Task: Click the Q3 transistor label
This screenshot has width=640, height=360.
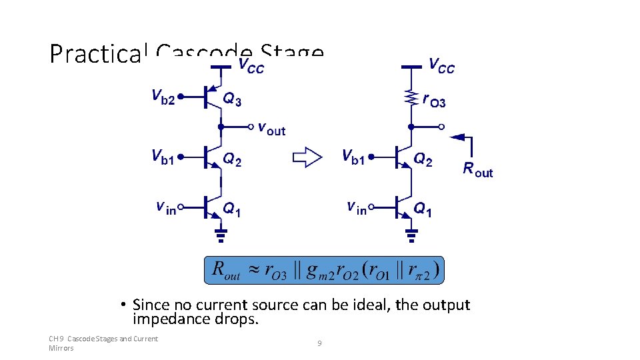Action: point(232,100)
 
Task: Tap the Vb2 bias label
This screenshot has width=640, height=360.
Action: point(163,98)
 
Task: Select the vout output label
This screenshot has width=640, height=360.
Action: point(271,128)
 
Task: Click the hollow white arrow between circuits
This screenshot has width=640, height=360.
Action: point(307,158)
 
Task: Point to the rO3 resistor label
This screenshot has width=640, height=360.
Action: point(434,100)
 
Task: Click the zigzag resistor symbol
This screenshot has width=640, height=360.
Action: point(411,99)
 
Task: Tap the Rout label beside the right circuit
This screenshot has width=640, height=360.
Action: point(477,169)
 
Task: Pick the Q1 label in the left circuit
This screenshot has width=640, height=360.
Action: point(231,209)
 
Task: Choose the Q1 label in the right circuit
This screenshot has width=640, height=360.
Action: point(423,209)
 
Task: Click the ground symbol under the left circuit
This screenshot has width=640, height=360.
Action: point(221,233)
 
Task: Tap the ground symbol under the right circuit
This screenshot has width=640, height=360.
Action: point(411,233)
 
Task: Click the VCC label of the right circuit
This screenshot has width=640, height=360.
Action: point(442,65)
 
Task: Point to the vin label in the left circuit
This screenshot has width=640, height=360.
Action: point(166,207)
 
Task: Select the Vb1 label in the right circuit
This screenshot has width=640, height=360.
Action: point(353,157)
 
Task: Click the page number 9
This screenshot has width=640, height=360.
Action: point(319,343)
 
